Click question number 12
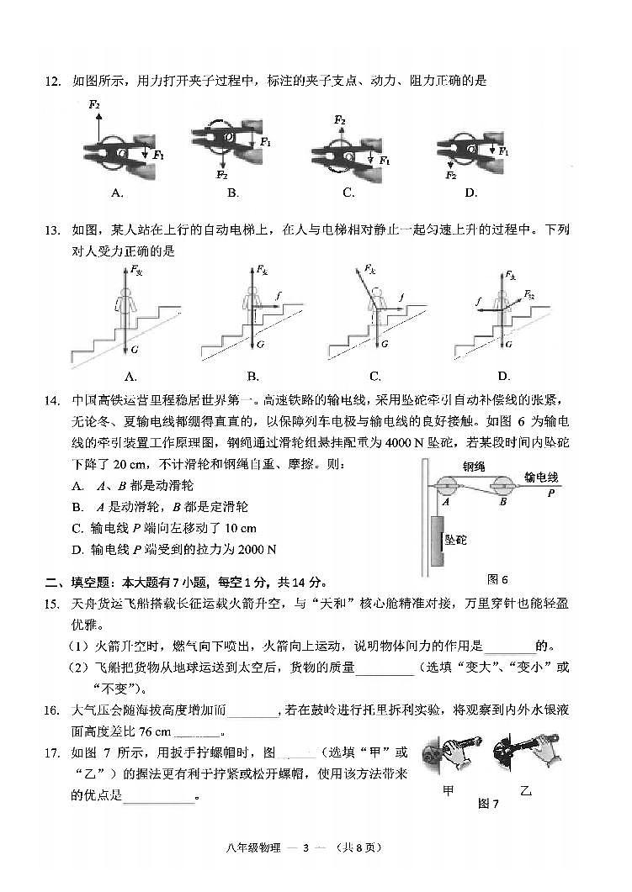click(52, 82)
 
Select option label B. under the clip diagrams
click(233, 193)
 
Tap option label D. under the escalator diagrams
click(503, 376)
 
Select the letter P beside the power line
click(551, 494)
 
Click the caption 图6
click(498, 579)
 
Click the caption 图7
click(489, 803)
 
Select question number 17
click(52, 752)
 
